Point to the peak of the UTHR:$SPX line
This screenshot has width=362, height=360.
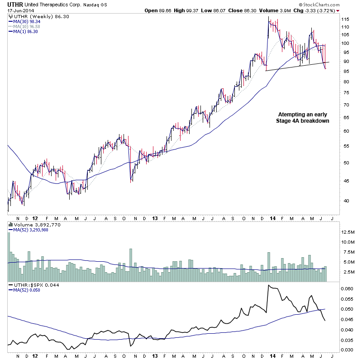269,285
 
